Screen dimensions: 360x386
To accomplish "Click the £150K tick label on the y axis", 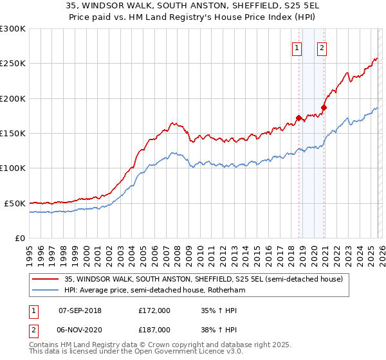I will [x=13, y=134].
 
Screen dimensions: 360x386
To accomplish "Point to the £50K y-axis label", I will [x=15, y=203].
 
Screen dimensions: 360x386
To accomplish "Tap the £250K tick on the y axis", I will [x=13, y=64].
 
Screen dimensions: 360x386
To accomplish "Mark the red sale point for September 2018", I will [x=299, y=118].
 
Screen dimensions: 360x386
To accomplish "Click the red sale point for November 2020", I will [x=324, y=107].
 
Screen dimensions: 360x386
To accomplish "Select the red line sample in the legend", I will [x=46, y=279].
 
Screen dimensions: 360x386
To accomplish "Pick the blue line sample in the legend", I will [x=46, y=290].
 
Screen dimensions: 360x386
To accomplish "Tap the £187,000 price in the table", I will [x=154, y=329].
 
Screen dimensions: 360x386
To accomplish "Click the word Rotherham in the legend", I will [x=227, y=290].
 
